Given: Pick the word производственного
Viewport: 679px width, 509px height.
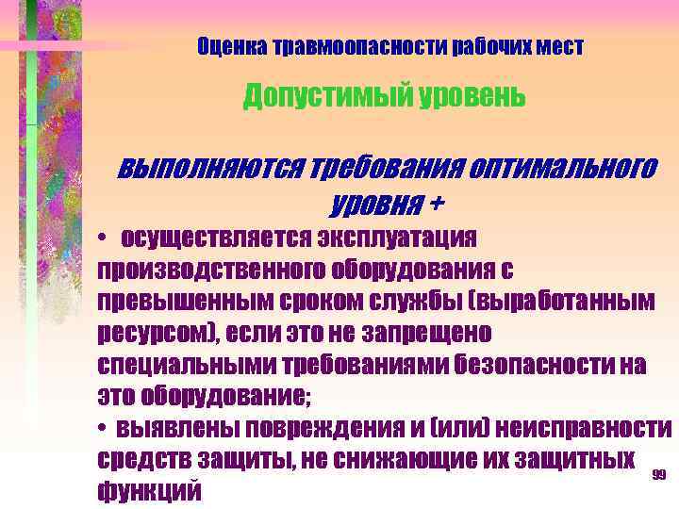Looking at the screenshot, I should click(209, 270).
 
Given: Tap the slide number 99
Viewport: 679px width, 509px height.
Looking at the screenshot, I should click(659, 475).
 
